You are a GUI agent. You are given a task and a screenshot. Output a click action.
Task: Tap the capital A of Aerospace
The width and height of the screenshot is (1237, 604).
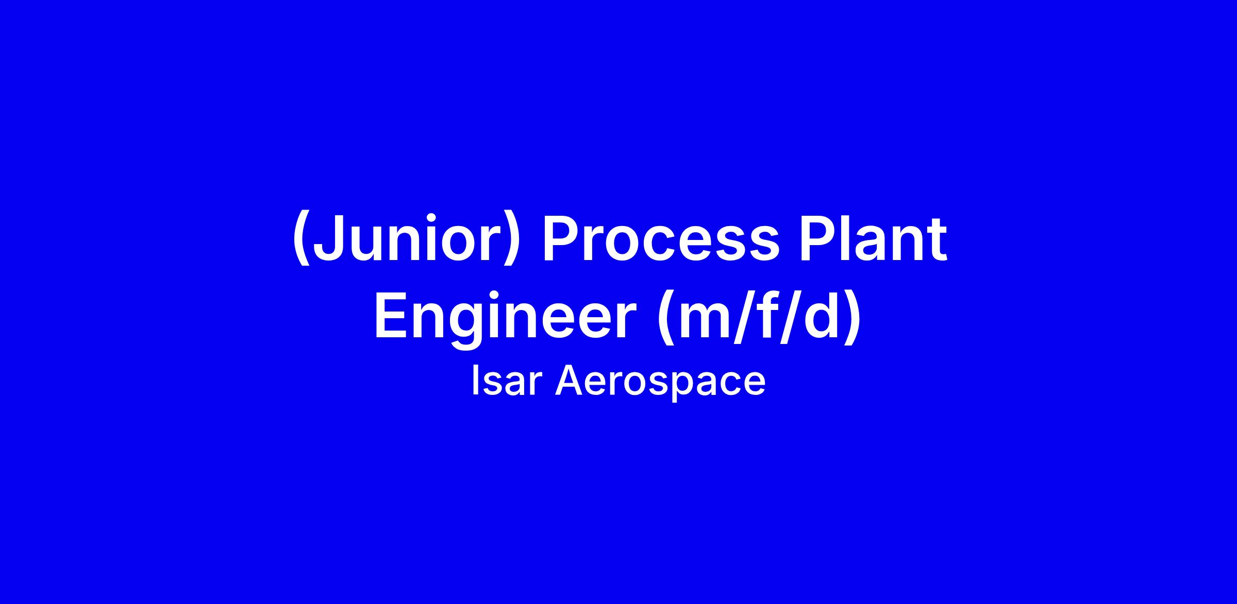[571, 381]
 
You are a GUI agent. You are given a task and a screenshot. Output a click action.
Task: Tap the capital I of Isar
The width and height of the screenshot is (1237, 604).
[475, 381]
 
